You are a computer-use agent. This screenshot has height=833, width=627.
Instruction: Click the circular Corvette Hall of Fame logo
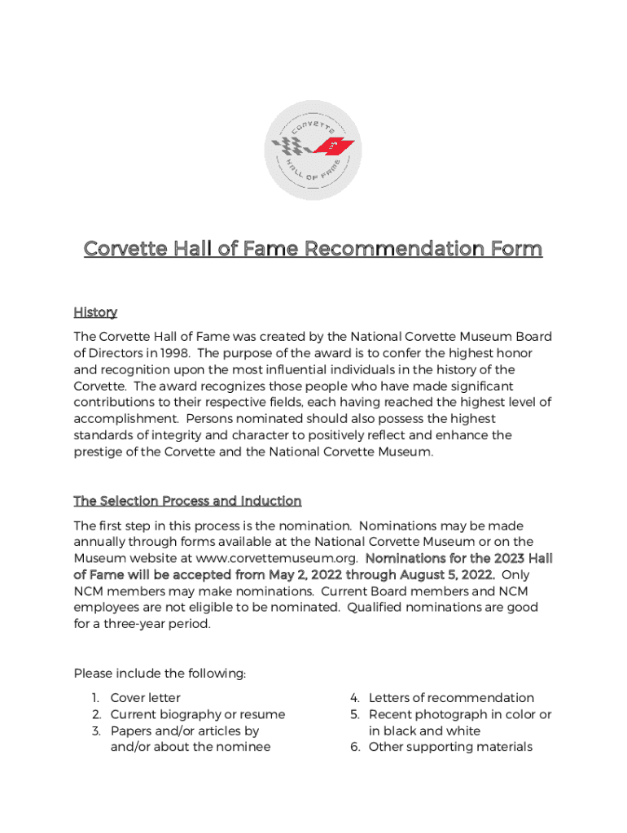coord(313,150)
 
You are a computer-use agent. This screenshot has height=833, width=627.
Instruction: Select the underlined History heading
coord(95,312)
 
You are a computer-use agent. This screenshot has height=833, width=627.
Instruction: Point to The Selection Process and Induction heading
coord(187,500)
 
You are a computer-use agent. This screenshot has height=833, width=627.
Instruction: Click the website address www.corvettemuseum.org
coord(277,558)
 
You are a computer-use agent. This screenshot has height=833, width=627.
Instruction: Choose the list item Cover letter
coord(146,697)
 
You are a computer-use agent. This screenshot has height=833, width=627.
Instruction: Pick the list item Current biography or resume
coord(198,714)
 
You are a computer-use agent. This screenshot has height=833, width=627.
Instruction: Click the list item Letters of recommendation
coord(451,697)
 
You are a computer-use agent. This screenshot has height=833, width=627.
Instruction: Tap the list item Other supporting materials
coord(450,747)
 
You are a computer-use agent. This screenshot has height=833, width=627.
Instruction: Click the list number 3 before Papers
coord(94,731)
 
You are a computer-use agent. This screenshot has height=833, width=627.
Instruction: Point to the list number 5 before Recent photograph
coord(355,714)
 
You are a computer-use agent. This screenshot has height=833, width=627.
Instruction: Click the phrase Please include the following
coord(160,674)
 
